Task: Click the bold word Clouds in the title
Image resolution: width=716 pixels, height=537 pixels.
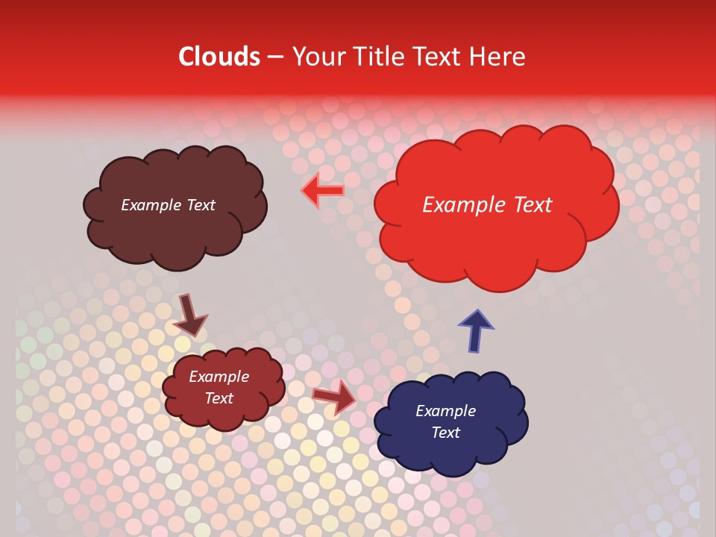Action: click(219, 57)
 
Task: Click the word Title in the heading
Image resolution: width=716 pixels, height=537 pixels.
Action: click(380, 57)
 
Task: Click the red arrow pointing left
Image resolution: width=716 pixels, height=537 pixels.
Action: click(323, 191)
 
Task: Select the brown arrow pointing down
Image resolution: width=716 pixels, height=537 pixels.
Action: click(189, 315)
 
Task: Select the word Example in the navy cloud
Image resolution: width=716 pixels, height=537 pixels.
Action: click(445, 411)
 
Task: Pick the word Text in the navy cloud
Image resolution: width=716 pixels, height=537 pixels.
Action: click(445, 433)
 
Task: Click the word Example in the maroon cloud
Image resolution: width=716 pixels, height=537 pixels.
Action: click(219, 377)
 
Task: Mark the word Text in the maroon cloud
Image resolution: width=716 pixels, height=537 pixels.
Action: click(219, 398)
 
